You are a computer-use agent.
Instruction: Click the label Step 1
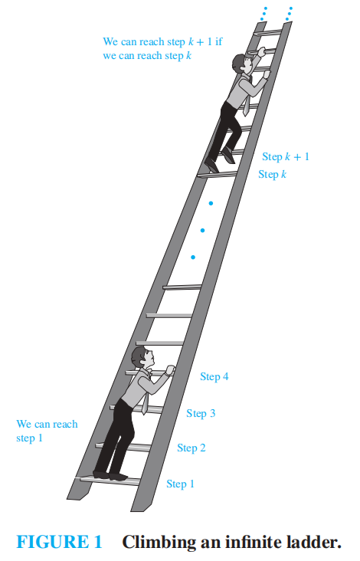180,484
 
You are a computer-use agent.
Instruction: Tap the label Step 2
191,448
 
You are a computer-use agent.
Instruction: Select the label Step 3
201,413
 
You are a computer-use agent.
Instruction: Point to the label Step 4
214,376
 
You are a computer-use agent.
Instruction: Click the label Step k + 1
286,156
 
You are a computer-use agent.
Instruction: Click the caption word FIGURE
52,542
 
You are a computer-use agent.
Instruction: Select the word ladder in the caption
309,542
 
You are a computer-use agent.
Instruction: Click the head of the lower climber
142,357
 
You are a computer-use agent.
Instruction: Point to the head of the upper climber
242,64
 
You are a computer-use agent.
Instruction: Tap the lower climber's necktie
145,403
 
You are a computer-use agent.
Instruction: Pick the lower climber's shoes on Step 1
110,475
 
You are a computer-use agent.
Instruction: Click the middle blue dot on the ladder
202,231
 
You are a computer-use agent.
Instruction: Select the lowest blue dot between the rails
193,258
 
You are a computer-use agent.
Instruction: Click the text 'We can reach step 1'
47,431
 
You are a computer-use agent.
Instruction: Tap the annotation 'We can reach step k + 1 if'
162,41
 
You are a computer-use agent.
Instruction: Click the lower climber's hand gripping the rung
170,370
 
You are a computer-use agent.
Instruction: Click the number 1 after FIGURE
98,542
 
